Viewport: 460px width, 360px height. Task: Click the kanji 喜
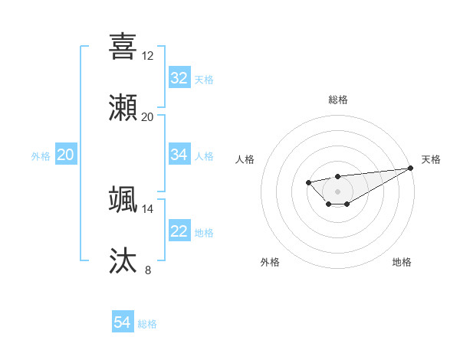(123, 46)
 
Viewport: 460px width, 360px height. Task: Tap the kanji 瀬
(123, 107)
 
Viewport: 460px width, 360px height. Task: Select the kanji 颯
(123, 200)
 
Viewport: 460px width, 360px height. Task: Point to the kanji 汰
(123, 260)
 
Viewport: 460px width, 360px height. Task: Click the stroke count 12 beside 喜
(148, 56)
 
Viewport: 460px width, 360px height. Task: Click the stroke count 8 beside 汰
(148, 270)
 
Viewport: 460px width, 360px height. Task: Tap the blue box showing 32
(179, 78)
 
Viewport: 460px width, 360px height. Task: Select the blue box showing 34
(179, 155)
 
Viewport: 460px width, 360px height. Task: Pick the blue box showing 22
(179, 231)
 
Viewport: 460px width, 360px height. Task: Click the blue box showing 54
(123, 322)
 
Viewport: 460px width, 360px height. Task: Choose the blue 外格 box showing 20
(65, 155)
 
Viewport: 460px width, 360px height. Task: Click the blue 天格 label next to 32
(204, 80)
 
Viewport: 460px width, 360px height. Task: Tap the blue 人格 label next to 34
(204, 156)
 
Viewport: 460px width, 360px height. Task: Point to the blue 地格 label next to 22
(204, 233)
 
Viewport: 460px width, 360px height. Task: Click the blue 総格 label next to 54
(147, 324)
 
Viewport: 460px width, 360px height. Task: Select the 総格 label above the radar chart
(337, 100)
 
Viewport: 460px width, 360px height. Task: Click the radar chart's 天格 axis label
(431, 159)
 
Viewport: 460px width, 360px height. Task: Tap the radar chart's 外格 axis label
(270, 262)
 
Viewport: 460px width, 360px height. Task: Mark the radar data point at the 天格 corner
(410, 168)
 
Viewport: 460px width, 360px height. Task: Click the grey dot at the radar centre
(337, 191)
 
